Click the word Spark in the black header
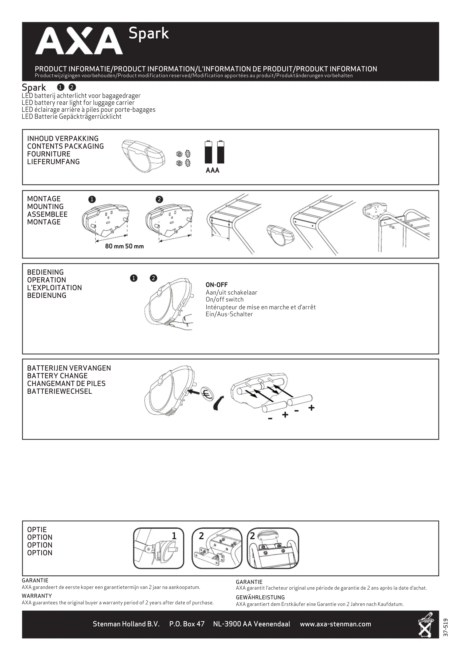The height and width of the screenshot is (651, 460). pos(149,33)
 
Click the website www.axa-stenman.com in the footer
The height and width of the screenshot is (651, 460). pos(335,624)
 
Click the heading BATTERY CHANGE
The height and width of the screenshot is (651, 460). pos(57,376)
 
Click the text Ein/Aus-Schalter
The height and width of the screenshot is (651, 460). pos(229,314)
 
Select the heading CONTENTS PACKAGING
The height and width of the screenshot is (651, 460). pos(66,146)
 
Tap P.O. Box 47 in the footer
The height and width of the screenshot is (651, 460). pos(187,624)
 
